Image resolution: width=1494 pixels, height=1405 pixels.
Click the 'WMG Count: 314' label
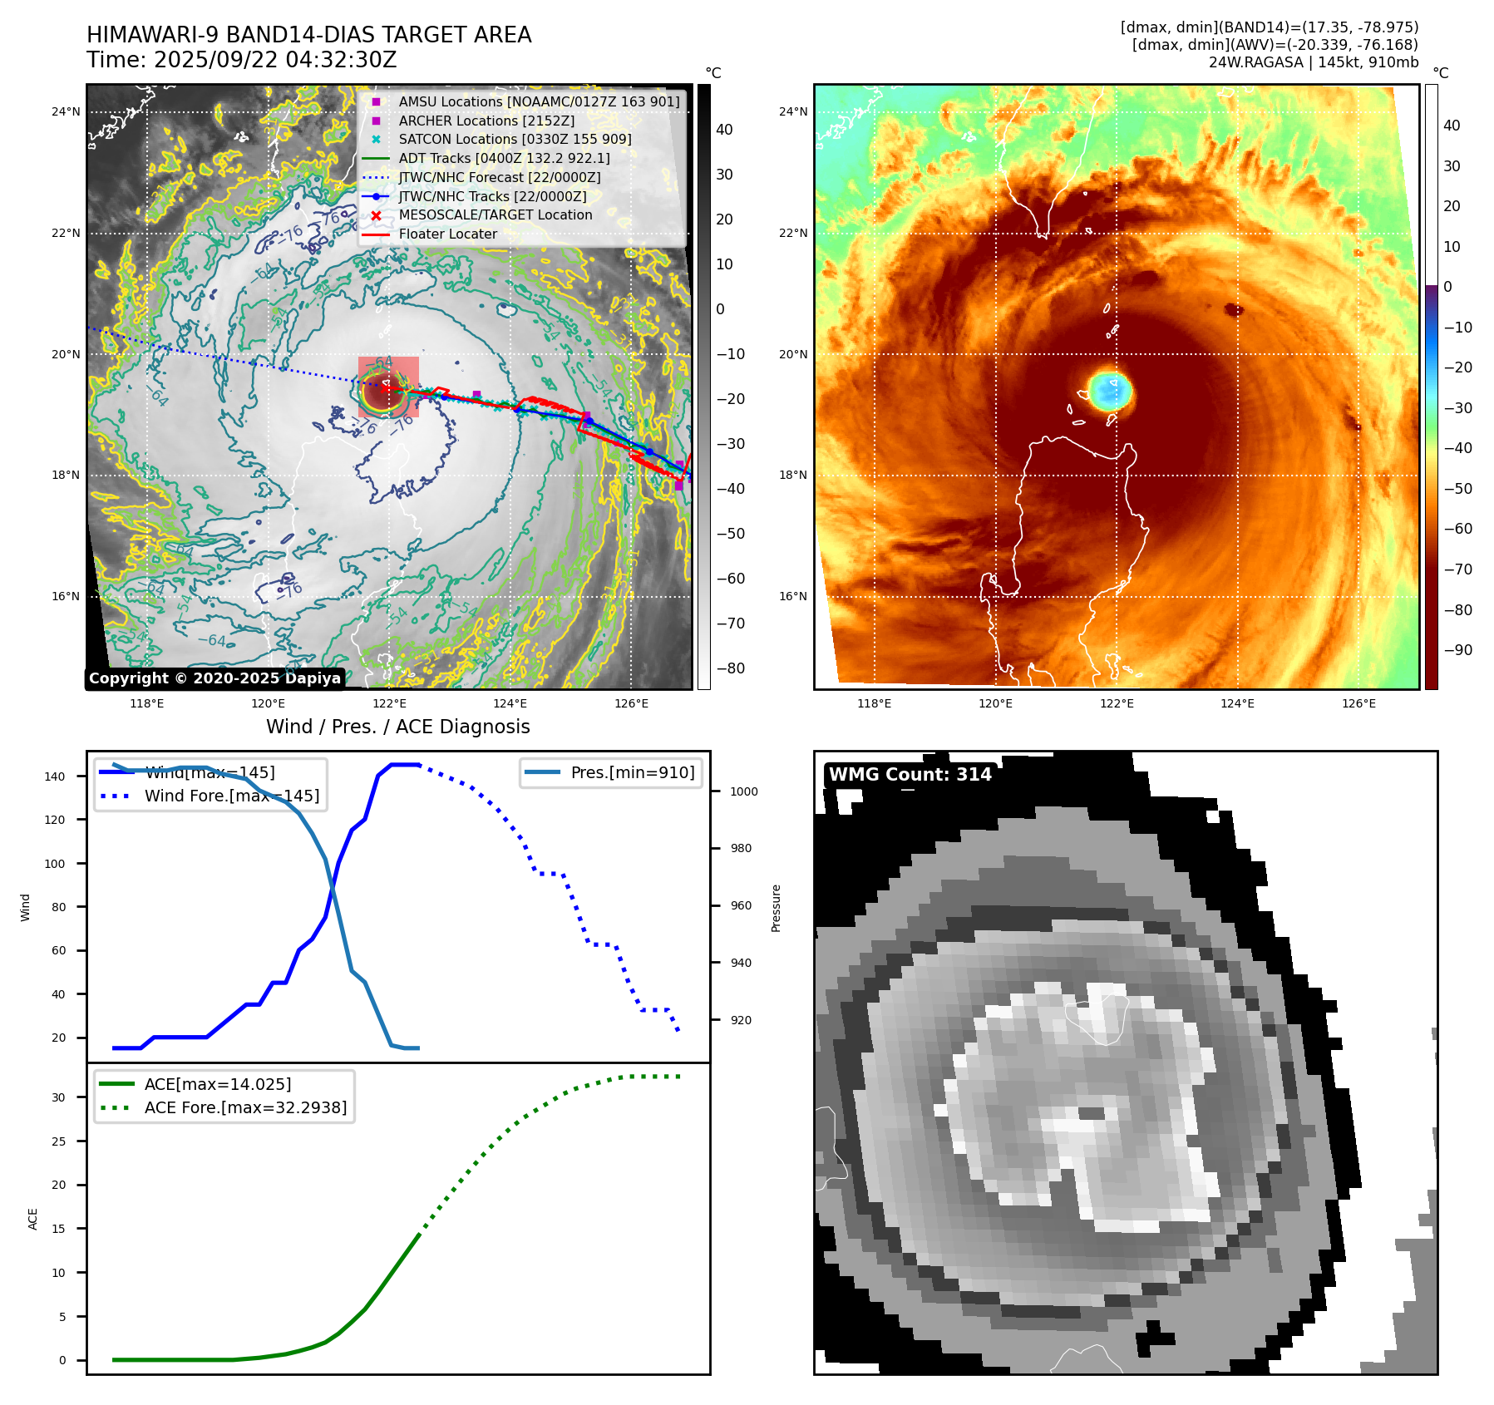point(910,775)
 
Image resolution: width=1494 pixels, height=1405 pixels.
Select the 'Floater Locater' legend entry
point(447,234)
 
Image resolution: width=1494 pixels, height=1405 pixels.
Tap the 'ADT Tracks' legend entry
point(504,158)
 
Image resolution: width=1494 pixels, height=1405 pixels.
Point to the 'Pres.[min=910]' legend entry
point(632,772)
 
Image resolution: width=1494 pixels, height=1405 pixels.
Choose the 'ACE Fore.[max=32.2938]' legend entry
point(245,1107)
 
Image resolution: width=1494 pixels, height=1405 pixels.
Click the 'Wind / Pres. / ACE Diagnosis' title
point(397,727)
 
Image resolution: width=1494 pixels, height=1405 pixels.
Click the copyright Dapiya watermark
point(214,678)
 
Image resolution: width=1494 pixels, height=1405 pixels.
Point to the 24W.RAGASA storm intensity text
point(1313,62)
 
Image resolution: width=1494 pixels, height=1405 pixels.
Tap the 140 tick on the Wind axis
point(55,776)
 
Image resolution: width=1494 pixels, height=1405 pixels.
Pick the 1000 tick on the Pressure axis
point(743,791)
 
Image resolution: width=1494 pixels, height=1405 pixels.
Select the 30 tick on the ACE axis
point(58,1097)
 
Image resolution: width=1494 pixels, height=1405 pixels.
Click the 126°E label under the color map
point(1358,703)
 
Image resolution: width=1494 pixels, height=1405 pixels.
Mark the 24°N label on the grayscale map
point(67,111)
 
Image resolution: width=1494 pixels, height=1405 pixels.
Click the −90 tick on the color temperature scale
point(1457,650)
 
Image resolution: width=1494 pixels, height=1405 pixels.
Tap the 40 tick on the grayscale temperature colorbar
point(724,130)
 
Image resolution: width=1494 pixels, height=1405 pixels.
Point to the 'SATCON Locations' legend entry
point(515,140)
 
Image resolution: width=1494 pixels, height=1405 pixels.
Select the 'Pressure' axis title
point(776,908)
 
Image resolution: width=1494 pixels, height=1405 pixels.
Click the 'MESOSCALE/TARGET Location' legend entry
point(496,215)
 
